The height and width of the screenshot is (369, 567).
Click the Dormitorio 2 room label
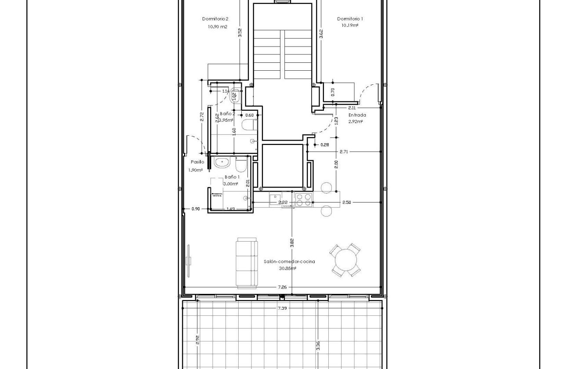click(x=215, y=19)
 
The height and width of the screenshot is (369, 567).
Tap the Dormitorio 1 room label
click(x=350, y=19)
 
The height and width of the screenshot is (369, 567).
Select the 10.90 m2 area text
click(x=218, y=27)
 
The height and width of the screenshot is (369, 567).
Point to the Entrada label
click(x=357, y=115)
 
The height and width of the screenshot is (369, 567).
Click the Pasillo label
click(x=197, y=162)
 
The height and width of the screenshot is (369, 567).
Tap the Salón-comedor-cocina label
click(x=289, y=261)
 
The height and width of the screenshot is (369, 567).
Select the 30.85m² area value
click(x=287, y=268)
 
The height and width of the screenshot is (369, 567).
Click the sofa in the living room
click(x=247, y=263)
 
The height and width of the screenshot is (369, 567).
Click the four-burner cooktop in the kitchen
click(x=303, y=199)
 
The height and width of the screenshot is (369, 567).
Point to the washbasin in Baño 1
click(x=222, y=163)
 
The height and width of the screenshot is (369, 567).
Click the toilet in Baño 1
click(x=241, y=166)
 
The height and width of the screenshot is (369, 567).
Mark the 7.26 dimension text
click(x=282, y=287)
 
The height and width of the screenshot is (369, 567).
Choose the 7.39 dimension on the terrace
click(x=282, y=308)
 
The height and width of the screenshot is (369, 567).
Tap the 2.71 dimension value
click(x=344, y=152)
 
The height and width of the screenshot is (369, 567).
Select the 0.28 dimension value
click(x=325, y=145)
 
